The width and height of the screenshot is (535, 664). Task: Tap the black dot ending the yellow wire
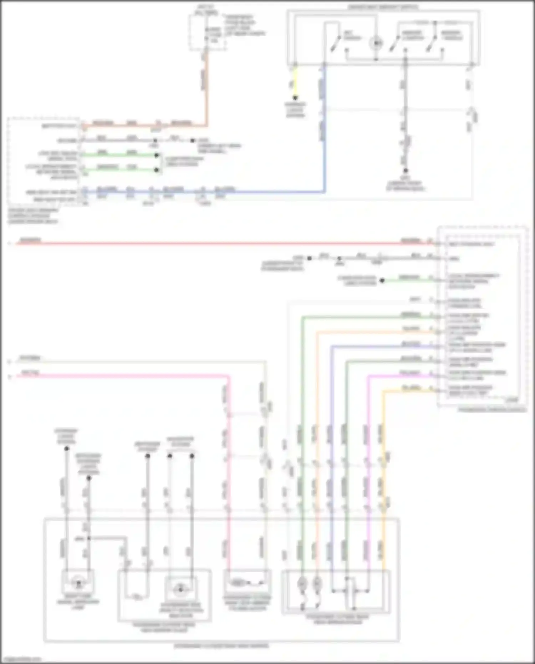point(295,97)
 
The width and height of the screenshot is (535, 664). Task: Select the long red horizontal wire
point(214,244)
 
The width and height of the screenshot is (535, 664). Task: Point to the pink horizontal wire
point(125,375)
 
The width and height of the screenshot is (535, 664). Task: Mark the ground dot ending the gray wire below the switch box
point(405,171)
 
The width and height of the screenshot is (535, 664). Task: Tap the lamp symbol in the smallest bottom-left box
point(78,584)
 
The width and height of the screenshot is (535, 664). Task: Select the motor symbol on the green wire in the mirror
point(302,584)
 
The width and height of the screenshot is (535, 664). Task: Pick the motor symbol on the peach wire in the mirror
point(317,584)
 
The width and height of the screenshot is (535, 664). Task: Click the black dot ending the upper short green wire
point(156,155)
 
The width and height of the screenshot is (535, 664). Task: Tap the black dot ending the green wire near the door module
point(382,280)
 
